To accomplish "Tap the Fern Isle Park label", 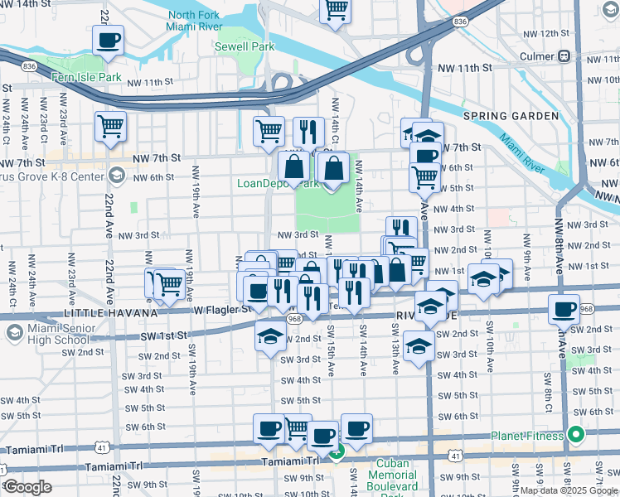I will coord(86,77).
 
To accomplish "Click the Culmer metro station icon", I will coord(564,56).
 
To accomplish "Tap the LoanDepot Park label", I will coord(278,183).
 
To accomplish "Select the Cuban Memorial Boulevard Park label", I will coord(392,475).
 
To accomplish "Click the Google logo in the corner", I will coord(27,487).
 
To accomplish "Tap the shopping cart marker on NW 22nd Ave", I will coord(110,126).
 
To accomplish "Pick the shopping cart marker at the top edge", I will coord(335,10).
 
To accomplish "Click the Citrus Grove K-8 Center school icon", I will coord(116,176).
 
